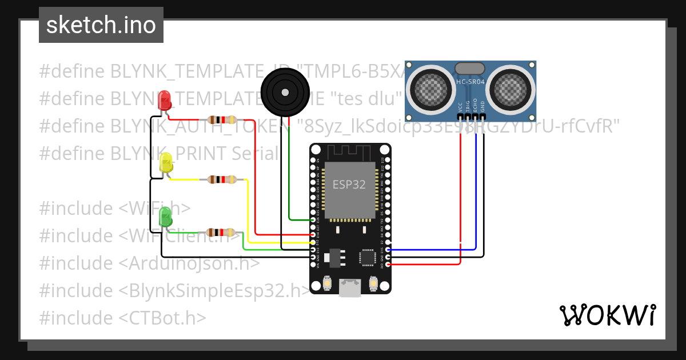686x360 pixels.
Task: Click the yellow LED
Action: tap(166, 163)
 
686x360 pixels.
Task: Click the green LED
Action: tap(165, 217)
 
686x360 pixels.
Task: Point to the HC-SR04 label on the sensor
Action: tap(470, 82)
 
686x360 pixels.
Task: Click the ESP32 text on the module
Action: tap(349, 185)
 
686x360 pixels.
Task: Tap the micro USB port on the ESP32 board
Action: tap(350, 288)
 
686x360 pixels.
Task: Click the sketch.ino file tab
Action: tap(101, 25)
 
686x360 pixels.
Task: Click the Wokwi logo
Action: tap(607, 315)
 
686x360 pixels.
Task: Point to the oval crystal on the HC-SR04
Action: tap(470, 68)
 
